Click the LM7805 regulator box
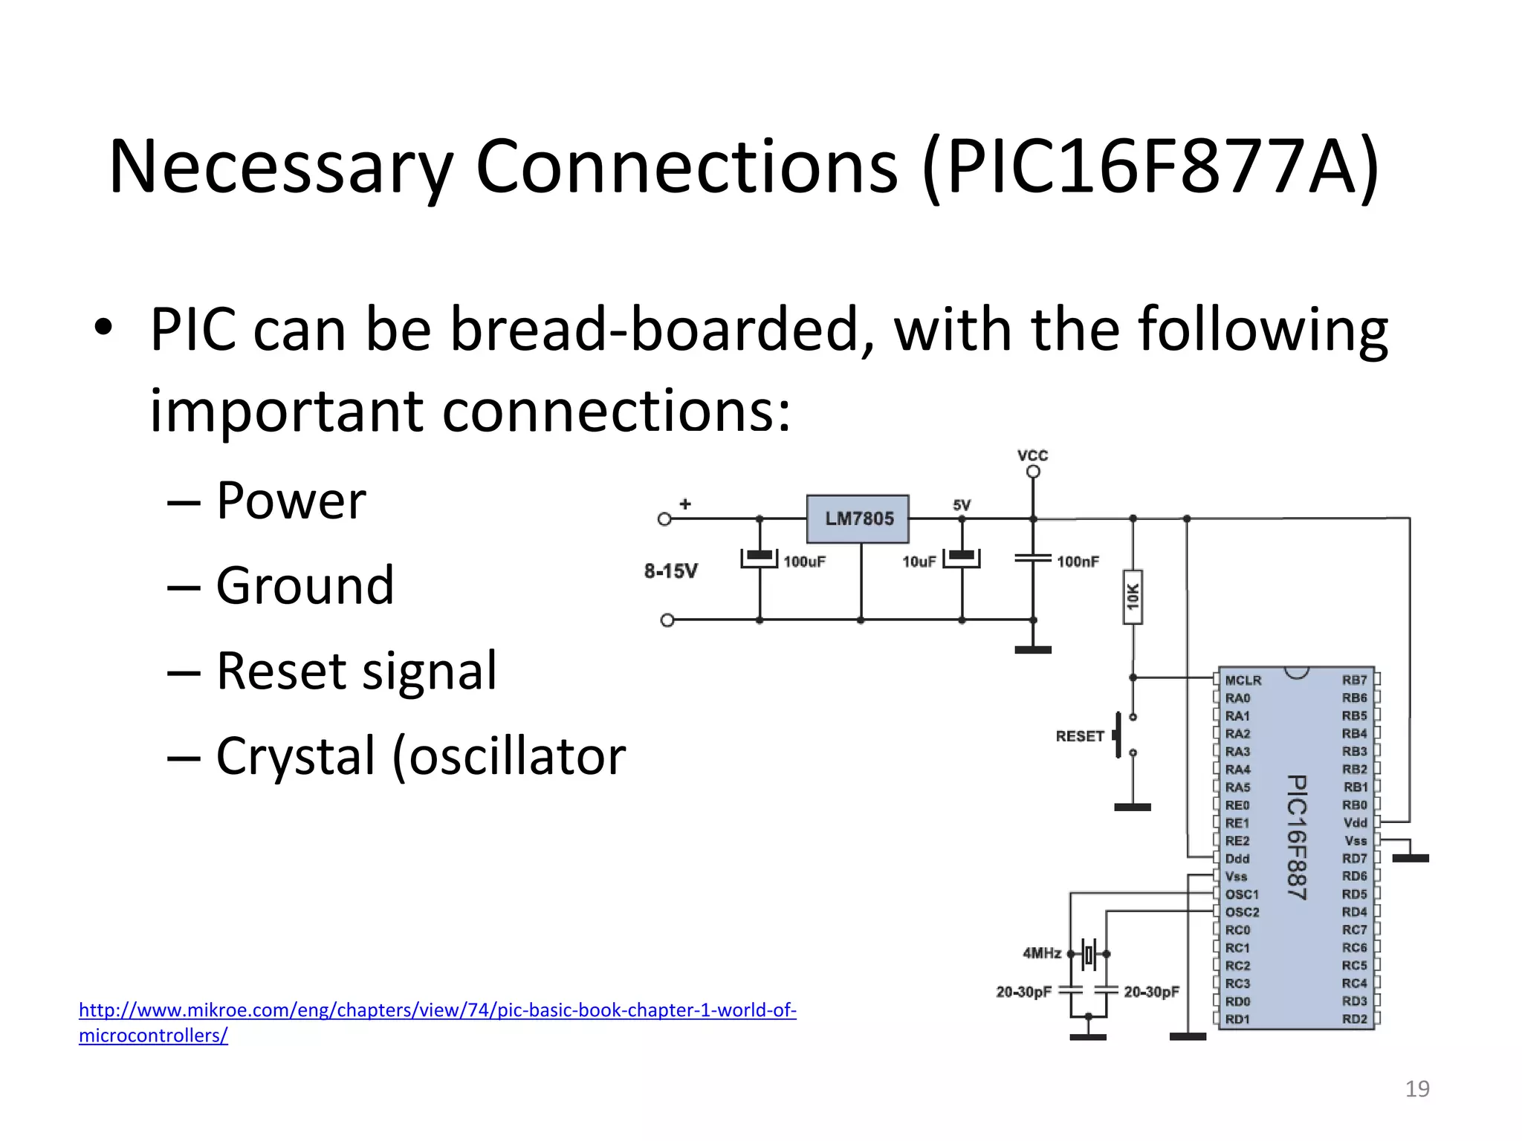pyautogui.click(x=858, y=519)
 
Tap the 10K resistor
pyautogui.click(x=1132, y=596)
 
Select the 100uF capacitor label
pyautogui.click(x=804, y=562)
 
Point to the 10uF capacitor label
pyautogui.click(x=919, y=562)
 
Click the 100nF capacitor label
pyautogui.click(x=1078, y=562)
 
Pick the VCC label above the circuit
pyautogui.click(x=1032, y=455)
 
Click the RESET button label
pyautogui.click(x=1079, y=736)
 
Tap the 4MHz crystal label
pyautogui.click(x=1042, y=953)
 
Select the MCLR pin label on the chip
pyautogui.click(x=1243, y=680)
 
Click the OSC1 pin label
pyautogui.click(x=1242, y=894)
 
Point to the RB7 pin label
pyautogui.click(x=1354, y=680)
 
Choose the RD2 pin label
pyautogui.click(x=1354, y=1019)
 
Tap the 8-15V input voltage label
pyautogui.click(x=670, y=571)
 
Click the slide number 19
pyautogui.click(x=1416, y=1089)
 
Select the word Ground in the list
pyautogui.click(x=305, y=586)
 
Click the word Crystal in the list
pyautogui.click(x=295, y=756)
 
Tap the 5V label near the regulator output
pyautogui.click(x=961, y=505)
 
